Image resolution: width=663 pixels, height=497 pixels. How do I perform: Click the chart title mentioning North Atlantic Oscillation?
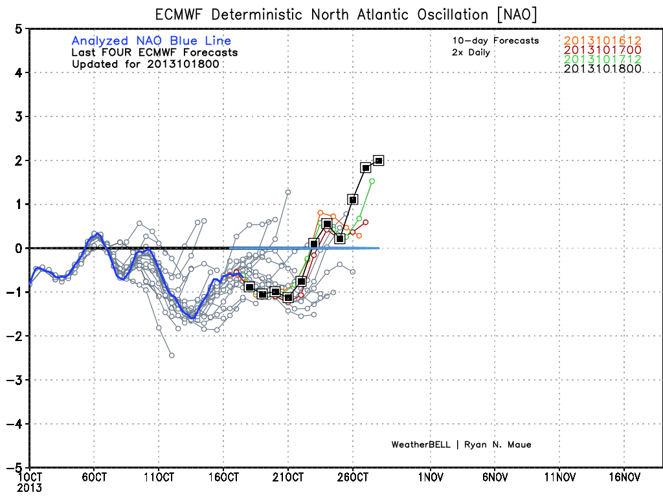click(x=346, y=14)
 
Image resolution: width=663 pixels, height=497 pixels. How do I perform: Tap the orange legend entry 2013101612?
click(x=602, y=41)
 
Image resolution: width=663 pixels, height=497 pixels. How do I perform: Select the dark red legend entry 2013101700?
click(x=602, y=50)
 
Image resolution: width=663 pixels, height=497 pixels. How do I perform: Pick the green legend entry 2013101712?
click(x=602, y=59)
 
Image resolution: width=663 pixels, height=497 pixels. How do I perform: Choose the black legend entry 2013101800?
click(x=602, y=69)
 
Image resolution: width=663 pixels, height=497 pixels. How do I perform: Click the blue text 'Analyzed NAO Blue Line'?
click(x=152, y=41)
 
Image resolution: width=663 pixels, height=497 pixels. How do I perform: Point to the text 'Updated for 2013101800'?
click(x=146, y=64)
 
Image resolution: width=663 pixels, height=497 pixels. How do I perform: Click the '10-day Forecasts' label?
click(x=495, y=41)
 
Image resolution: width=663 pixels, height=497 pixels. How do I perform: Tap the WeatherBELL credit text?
click(x=461, y=445)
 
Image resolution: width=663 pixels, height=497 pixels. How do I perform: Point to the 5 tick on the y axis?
click(x=18, y=29)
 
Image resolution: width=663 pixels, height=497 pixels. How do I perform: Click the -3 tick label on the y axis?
click(x=14, y=380)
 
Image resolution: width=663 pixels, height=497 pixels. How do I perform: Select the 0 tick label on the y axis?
click(x=18, y=248)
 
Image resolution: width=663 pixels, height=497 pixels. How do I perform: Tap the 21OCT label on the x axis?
click(x=288, y=477)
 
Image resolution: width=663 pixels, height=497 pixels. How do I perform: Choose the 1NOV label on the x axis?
click(x=431, y=477)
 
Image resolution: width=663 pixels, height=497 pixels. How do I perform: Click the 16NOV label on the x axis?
click(x=625, y=477)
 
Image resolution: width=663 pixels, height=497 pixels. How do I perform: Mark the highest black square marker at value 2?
click(x=379, y=160)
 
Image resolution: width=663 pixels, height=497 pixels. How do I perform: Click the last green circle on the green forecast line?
click(x=372, y=181)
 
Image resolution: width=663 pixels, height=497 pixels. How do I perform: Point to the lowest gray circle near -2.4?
click(x=172, y=355)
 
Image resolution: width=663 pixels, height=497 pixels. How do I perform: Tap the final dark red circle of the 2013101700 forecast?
click(x=366, y=223)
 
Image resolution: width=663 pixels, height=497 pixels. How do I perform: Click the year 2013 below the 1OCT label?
click(x=29, y=488)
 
